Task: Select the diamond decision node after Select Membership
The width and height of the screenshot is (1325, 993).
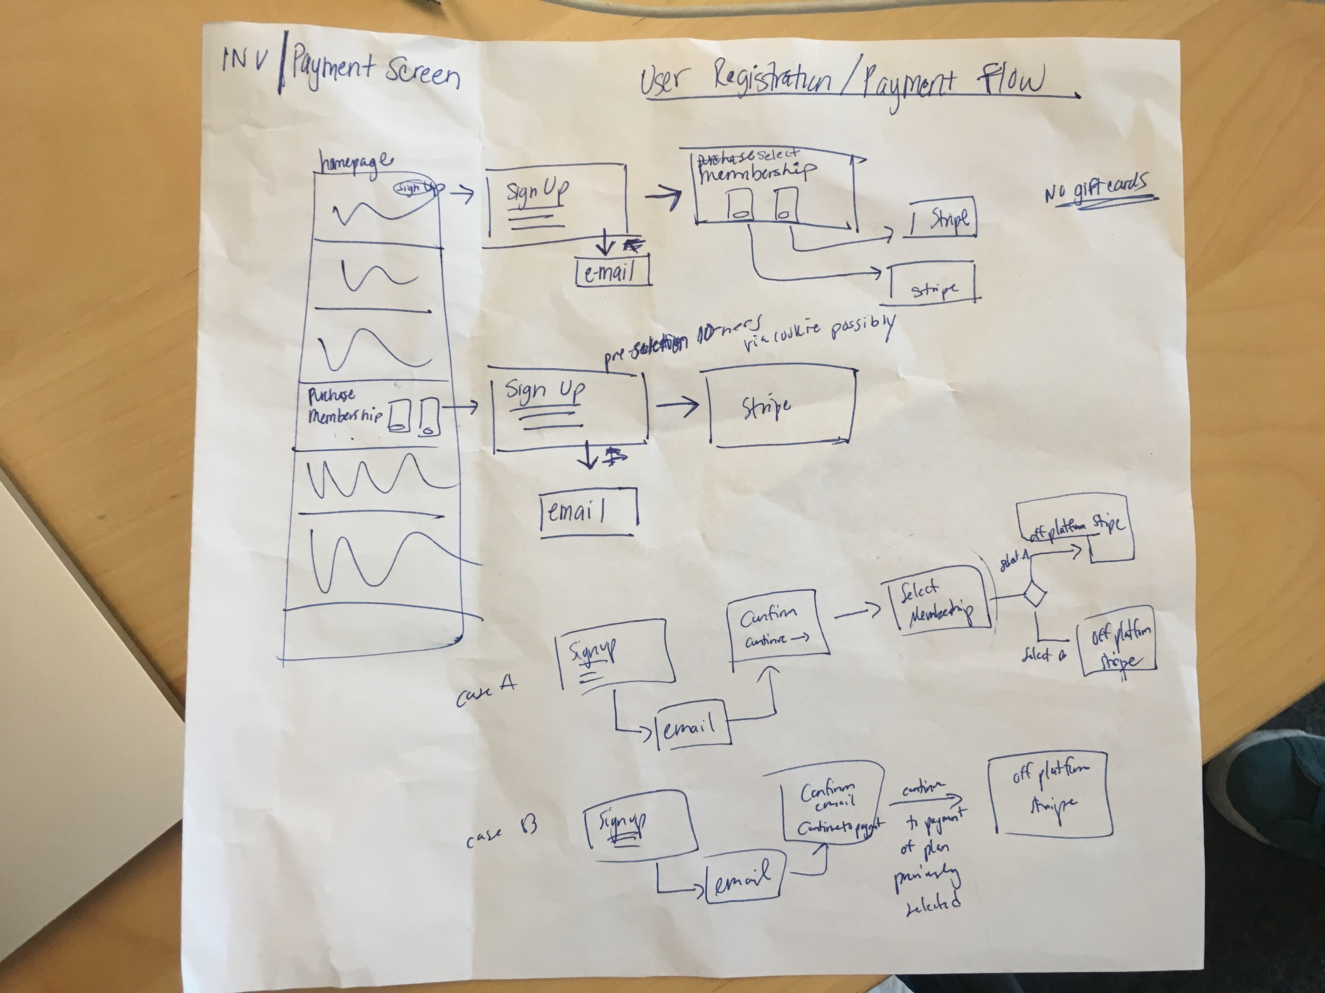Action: coord(1034,594)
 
